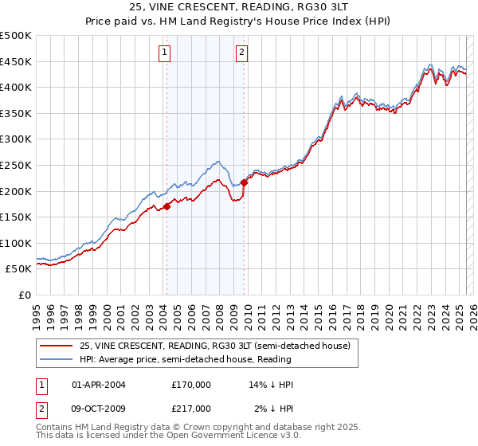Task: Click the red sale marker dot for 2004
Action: pyautogui.click(x=167, y=207)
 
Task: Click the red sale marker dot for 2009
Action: pyautogui.click(x=245, y=182)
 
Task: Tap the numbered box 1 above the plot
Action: pyautogui.click(x=163, y=53)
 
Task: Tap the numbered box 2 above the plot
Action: pyautogui.click(x=241, y=53)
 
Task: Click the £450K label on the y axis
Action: pyautogui.click(x=16, y=61)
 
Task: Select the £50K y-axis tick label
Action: pyautogui.click(x=19, y=269)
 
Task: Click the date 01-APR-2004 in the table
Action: pyautogui.click(x=98, y=385)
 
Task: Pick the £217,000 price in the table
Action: pyautogui.click(x=191, y=409)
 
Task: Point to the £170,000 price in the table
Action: pyautogui.click(x=191, y=385)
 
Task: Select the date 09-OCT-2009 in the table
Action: pyautogui.click(x=99, y=409)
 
